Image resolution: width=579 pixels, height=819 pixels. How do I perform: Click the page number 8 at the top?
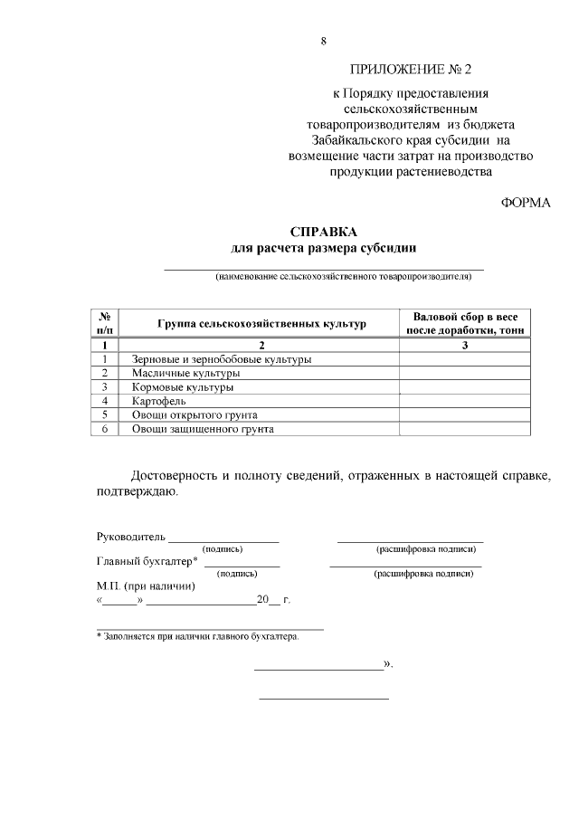click(x=323, y=41)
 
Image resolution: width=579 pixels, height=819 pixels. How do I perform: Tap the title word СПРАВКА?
click(x=323, y=232)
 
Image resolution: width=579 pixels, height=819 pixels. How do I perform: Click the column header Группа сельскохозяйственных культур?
click(x=261, y=324)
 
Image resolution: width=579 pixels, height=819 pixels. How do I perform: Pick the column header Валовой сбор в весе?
click(x=465, y=318)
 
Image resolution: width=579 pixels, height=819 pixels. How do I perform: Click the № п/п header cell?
click(x=105, y=324)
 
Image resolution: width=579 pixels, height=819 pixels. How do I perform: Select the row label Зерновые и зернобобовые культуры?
click(x=222, y=359)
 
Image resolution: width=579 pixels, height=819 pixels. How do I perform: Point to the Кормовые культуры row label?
click(x=183, y=386)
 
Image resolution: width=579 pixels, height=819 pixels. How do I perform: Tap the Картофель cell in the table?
click(x=159, y=401)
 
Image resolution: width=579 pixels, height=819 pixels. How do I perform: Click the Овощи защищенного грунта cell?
click(x=203, y=429)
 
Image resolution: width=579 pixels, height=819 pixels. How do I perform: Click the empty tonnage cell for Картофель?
click(x=465, y=401)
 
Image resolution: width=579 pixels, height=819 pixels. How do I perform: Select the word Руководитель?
click(x=130, y=537)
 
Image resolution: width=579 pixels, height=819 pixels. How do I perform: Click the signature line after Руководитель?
click(x=223, y=539)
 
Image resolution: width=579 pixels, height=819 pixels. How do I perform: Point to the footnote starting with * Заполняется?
click(x=197, y=636)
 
